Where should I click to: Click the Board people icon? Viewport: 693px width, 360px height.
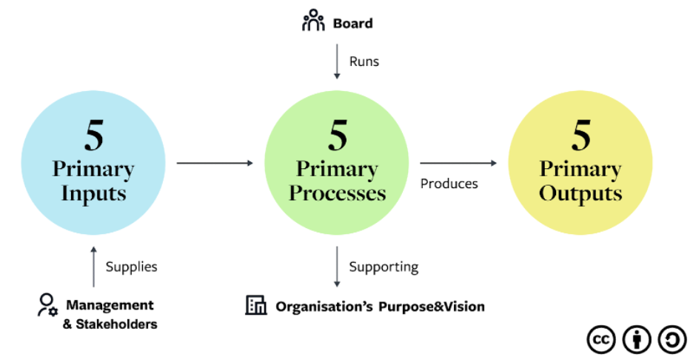pos(313,20)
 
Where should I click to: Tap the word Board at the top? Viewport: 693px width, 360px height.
pos(352,24)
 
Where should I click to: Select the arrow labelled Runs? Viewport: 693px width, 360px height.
pos(337,61)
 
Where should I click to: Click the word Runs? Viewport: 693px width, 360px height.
pos(364,61)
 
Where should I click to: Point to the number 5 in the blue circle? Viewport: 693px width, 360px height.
pos(94,136)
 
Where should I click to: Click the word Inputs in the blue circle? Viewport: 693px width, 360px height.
pos(94,194)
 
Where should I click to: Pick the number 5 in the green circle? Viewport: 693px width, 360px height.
pos(338,136)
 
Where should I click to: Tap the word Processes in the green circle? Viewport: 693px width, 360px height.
pos(337,193)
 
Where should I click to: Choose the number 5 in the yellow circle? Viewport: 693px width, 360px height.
pos(580,136)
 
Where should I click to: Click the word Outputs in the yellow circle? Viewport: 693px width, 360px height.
pos(580,194)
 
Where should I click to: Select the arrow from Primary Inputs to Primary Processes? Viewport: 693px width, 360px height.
pos(215,163)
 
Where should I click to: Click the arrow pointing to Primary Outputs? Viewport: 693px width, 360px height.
pos(458,163)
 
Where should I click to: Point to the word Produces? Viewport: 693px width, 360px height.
pos(449,184)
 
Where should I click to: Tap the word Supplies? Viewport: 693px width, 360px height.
pos(131,267)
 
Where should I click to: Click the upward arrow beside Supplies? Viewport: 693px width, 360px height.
pos(94,267)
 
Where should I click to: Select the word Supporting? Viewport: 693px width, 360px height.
pos(384,267)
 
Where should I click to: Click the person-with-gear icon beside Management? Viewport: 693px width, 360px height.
pos(47,305)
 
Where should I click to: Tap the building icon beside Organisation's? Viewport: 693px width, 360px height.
pos(256,305)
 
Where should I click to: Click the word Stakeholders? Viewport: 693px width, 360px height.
pos(116,324)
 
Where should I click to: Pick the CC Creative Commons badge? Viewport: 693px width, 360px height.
pos(601,340)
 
